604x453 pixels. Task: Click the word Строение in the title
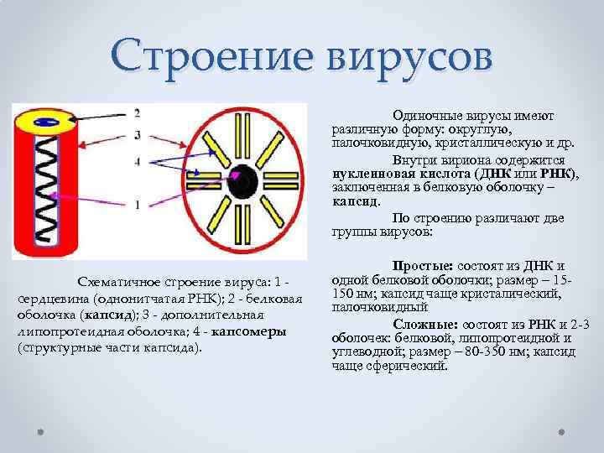point(214,58)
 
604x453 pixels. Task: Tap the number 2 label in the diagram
point(137,112)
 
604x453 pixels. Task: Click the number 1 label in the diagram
point(137,204)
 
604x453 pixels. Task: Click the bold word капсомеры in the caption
point(250,331)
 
